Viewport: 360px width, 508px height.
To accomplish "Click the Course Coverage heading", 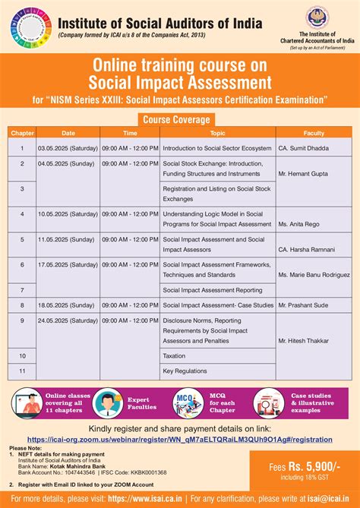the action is pos(179,118).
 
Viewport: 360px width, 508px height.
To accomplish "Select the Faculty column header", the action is pos(314,133).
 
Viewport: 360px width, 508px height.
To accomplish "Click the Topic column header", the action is pos(218,133).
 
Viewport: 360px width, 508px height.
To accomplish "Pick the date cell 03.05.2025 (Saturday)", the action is pos(68,148).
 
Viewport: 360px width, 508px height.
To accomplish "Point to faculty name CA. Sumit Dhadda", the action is pos(305,148).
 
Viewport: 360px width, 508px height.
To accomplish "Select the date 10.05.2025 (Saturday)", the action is pos(68,215).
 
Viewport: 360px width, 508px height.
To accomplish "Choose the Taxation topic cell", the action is pos(174,355).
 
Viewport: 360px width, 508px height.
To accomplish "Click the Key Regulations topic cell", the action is pos(185,371).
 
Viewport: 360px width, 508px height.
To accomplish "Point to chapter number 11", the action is pos(22,371).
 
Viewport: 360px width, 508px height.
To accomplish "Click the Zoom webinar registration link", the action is pos(180,439).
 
